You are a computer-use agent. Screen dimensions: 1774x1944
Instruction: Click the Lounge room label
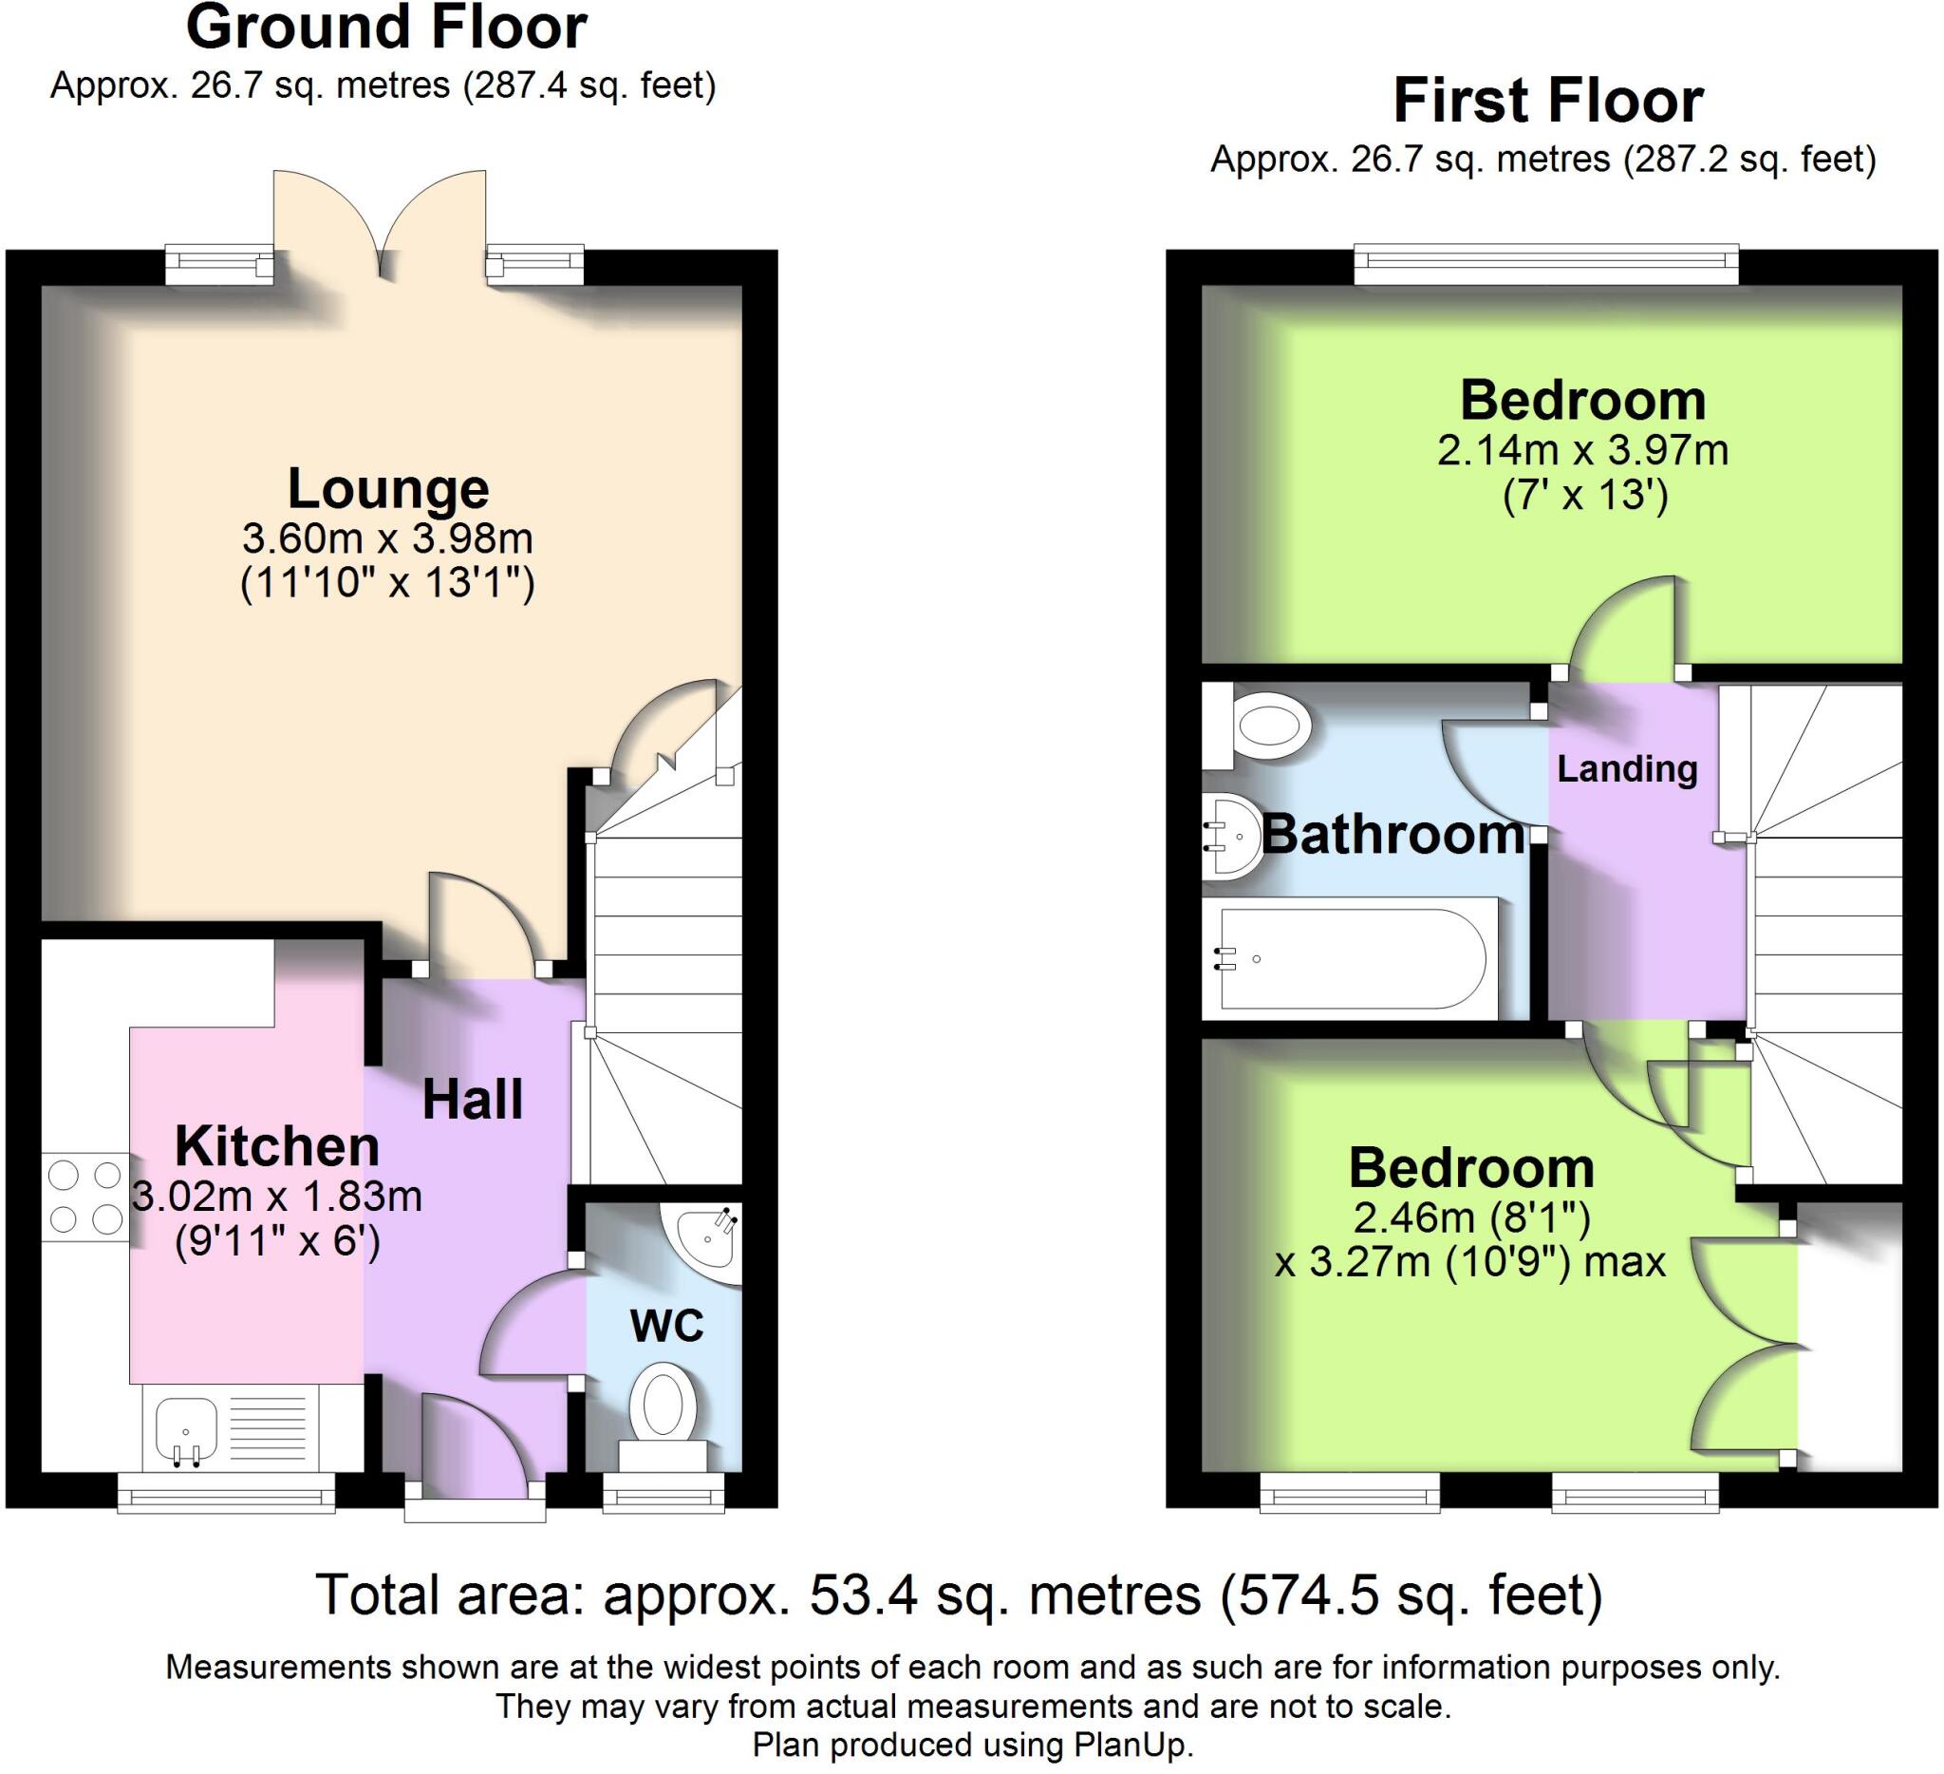pos(387,489)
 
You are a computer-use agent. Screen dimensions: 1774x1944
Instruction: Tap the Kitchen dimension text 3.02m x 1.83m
pos(277,1198)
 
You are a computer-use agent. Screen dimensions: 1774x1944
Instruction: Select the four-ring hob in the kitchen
pos(84,1198)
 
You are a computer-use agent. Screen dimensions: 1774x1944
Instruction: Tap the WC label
pos(666,1327)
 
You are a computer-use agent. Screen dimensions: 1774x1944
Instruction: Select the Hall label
pos(473,1100)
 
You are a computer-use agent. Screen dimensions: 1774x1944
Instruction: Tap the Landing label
pos(1627,769)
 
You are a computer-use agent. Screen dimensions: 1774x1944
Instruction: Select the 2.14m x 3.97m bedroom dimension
pos(1582,450)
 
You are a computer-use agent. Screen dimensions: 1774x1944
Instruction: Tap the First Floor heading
pos(1547,101)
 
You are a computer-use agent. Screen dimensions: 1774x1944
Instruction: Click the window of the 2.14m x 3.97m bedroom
pos(1545,264)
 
